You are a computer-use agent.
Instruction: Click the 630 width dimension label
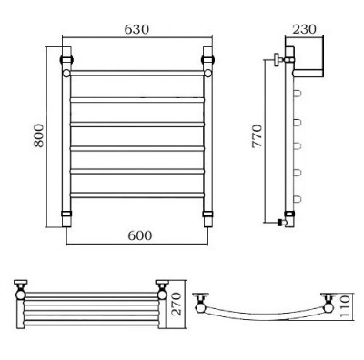pyautogui.click(x=136, y=29)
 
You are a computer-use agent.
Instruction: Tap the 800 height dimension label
pyautogui.click(x=39, y=135)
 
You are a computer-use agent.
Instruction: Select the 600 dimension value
pyautogui.click(x=139, y=235)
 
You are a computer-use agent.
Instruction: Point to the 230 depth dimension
pyautogui.click(x=304, y=29)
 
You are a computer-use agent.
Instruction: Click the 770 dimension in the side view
pyautogui.click(x=258, y=135)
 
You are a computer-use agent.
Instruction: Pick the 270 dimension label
pyautogui.click(x=177, y=304)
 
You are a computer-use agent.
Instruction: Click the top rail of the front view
pyautogui.click(x=136, y=73)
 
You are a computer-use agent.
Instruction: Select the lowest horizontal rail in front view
pyautogui.click(x=136, y=195)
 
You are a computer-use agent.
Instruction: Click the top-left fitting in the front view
pyautogui.click(x=66, y=58)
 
